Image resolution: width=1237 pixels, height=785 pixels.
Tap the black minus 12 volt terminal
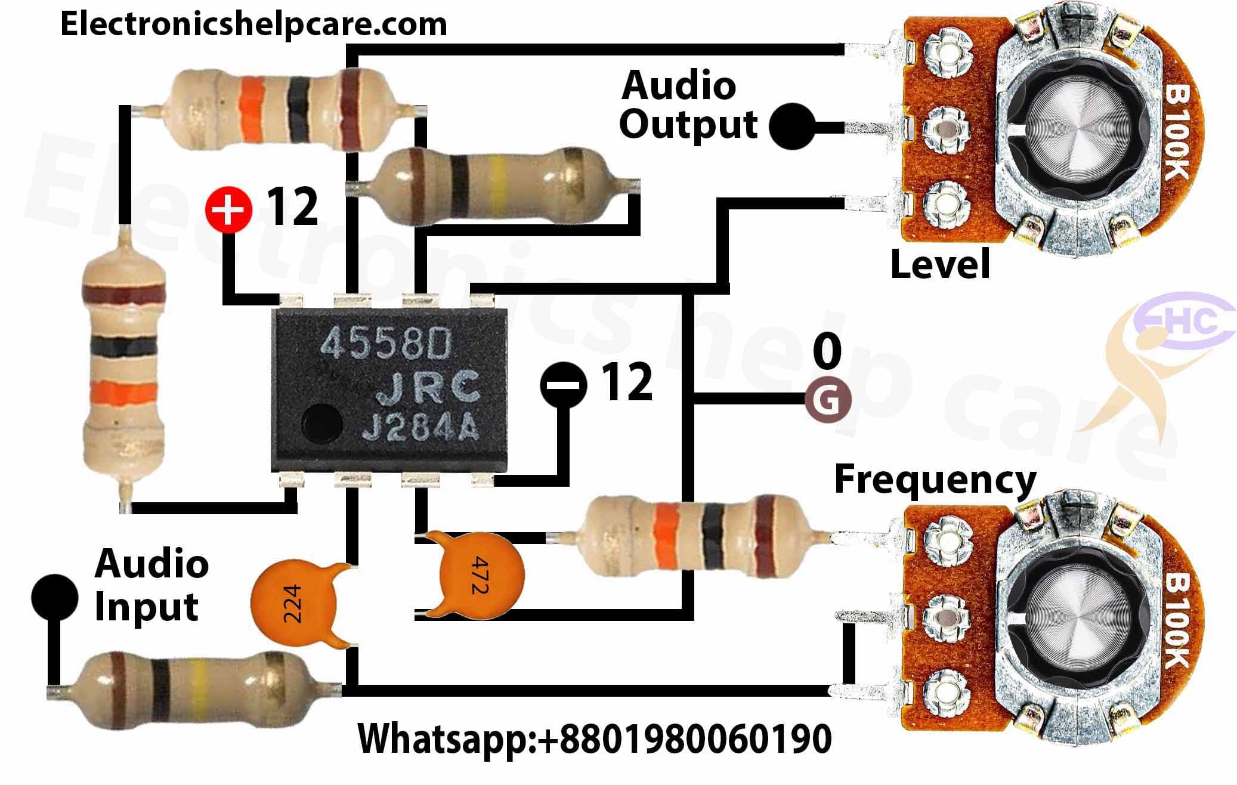coord(563,384)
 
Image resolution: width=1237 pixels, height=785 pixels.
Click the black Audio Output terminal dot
coord(793,126)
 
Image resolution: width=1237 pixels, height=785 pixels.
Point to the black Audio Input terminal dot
coord(55,598)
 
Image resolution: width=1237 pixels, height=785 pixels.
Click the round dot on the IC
coord(322,420)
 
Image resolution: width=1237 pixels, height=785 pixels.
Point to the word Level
coord(940,264)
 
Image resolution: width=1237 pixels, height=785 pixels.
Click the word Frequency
coord(935,480)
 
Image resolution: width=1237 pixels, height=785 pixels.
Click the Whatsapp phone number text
coord(594,738)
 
